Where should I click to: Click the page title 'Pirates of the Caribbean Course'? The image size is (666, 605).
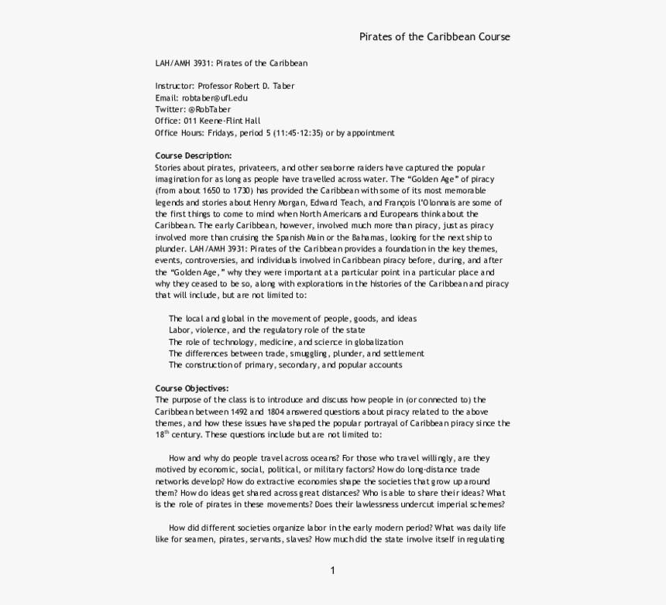tap(434, 36)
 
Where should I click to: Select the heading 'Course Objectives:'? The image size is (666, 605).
tap(191, 388)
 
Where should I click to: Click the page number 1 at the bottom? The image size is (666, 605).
tap(332, 571)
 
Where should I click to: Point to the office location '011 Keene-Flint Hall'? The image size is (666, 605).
tap(222, 121)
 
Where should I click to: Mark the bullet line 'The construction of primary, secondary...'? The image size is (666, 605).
tap(284, 364)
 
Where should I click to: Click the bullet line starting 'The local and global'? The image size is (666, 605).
tap(292, 318)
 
